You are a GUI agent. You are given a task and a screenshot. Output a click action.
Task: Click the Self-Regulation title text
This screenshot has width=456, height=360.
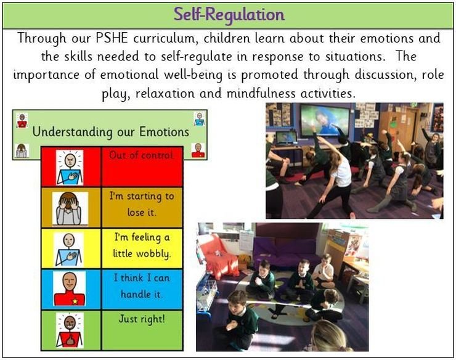(229, 15)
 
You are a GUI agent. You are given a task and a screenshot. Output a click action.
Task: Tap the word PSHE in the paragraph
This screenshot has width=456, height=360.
(112, 38)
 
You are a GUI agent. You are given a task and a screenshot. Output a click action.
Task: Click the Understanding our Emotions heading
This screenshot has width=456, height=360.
(111, 132)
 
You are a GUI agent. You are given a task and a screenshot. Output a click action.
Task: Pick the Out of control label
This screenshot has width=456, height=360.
(141, 155)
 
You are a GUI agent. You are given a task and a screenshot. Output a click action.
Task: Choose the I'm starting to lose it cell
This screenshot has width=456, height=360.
(142, 207)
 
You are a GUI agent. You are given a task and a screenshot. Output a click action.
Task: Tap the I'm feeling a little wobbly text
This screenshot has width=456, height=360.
(142, 245)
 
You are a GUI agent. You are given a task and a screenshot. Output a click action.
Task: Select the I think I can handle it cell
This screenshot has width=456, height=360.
(142, 289)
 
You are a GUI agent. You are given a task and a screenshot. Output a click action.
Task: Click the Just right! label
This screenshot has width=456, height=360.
(142, 319)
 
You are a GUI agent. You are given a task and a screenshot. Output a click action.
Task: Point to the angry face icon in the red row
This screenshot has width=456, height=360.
(70, 168)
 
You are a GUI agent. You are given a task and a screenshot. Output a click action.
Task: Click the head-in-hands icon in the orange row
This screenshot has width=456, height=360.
(70, 208)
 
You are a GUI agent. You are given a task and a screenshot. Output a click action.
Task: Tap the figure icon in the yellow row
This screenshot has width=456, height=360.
(69, 250)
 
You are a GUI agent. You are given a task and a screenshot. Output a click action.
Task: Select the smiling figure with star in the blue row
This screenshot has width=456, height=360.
(70, 288)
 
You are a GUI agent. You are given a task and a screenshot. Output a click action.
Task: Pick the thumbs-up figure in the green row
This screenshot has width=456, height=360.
(70, 330)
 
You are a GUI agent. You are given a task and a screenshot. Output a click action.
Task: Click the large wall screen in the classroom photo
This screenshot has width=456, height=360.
(325, 120)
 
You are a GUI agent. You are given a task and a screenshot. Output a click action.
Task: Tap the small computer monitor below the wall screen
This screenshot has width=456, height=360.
(286, 138)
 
